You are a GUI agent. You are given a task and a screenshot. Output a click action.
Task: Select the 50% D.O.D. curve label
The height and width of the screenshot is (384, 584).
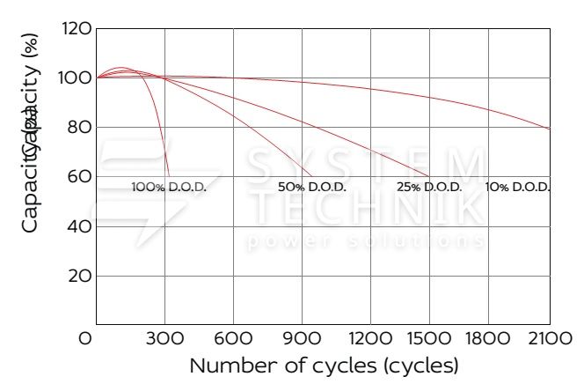pos(311,188)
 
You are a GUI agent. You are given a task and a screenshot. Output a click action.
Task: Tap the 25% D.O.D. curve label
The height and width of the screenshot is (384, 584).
pos(429,188)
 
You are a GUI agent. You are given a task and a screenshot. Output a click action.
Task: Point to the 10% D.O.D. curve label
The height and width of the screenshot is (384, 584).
pos(518,188)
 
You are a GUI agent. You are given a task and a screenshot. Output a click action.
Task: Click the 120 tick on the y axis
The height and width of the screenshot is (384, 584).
pos(78,29)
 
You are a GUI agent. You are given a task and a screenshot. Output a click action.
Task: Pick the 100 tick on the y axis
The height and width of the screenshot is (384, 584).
pos(78,78)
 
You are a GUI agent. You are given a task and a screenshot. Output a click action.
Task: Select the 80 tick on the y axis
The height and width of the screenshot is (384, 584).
pos(79,128)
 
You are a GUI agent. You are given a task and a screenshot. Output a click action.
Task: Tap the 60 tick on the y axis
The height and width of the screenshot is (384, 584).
pos(79,177)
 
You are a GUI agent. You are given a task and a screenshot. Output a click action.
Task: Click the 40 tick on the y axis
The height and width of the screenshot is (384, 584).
pos(79,226)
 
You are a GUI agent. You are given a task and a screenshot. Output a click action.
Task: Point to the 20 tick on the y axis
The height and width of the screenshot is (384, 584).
pos(79,276)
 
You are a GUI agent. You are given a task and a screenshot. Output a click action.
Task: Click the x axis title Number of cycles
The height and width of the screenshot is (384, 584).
pos(324,365)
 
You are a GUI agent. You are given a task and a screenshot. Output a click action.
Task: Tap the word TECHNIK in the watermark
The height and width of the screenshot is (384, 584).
pos(366,208)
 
